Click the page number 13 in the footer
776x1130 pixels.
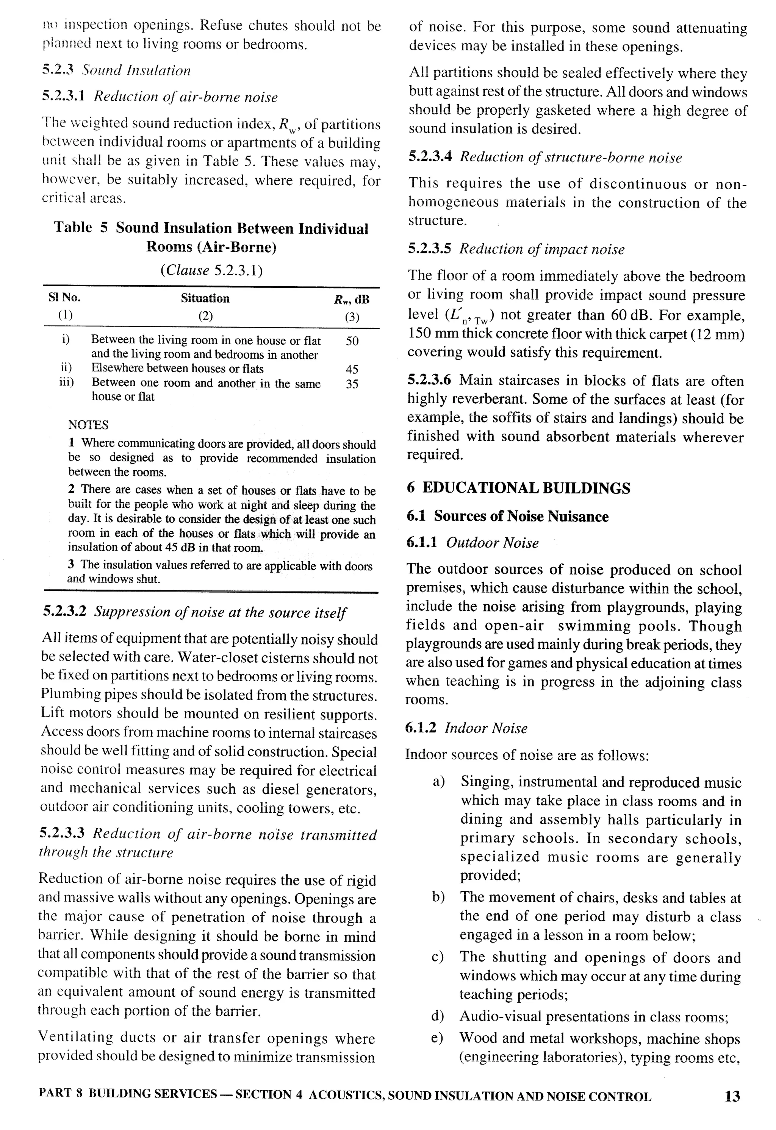(x=732, y=1096)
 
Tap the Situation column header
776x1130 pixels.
(x=205, y=298)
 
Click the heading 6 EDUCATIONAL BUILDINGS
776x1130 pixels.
(x=519, y=488)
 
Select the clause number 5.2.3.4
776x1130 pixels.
(x=430, y=156)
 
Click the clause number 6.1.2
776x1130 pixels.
(x=420, y=728)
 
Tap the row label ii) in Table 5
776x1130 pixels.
(x=65, y=368)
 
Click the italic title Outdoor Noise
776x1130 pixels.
(x=492, y=543)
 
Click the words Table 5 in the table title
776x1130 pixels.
(x=80, y=228)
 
